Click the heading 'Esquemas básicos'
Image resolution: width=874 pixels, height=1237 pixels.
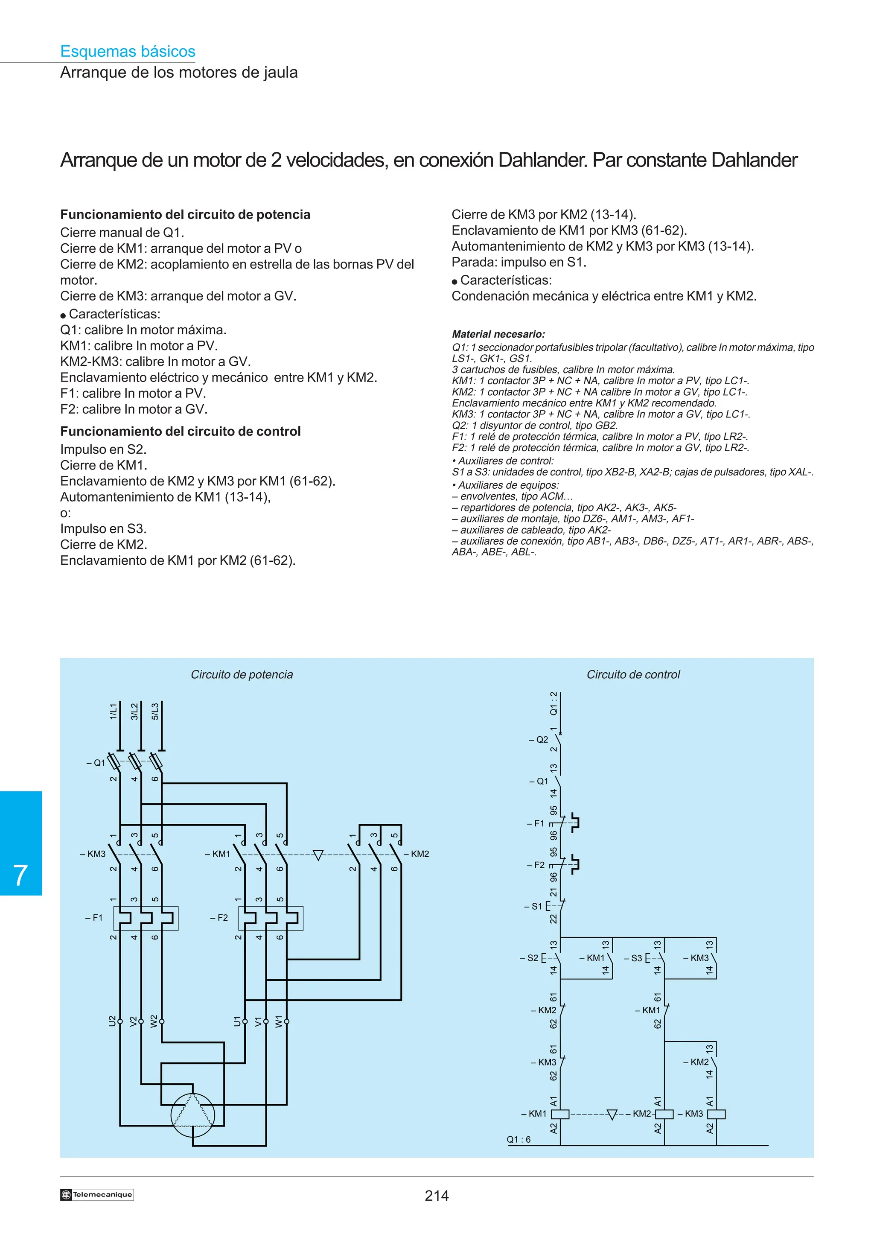[x=128, y=51]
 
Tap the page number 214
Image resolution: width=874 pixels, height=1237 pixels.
[x=436, y=1196]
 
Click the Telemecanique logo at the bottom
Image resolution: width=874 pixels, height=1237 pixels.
[x=97, y=1194]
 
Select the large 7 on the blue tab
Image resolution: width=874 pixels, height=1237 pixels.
[x=20, y=875]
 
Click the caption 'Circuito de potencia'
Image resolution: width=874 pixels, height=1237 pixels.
[x=242, y=674]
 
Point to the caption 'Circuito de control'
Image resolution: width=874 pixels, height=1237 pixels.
[x=633, y=674]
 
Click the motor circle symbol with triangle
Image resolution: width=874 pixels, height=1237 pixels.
[x=193, y=1115]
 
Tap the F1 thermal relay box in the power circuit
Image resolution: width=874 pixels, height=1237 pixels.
[x=146, y=918]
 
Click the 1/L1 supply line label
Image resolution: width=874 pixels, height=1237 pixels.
[x=113, y=711]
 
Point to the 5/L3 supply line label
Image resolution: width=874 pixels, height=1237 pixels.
[x=155, y=711]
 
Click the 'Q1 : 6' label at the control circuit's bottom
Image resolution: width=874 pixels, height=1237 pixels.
[x=519, y=1140]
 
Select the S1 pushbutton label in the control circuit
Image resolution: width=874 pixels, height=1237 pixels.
[x=536, y=906]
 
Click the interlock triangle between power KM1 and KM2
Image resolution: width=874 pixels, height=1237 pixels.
[x=318, y=855]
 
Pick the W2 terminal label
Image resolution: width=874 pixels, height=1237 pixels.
[x=154, y=1021]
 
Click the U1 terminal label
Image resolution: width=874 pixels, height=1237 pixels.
[x=237, y=1021]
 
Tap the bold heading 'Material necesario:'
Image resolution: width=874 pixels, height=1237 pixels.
[x=498, y=334]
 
